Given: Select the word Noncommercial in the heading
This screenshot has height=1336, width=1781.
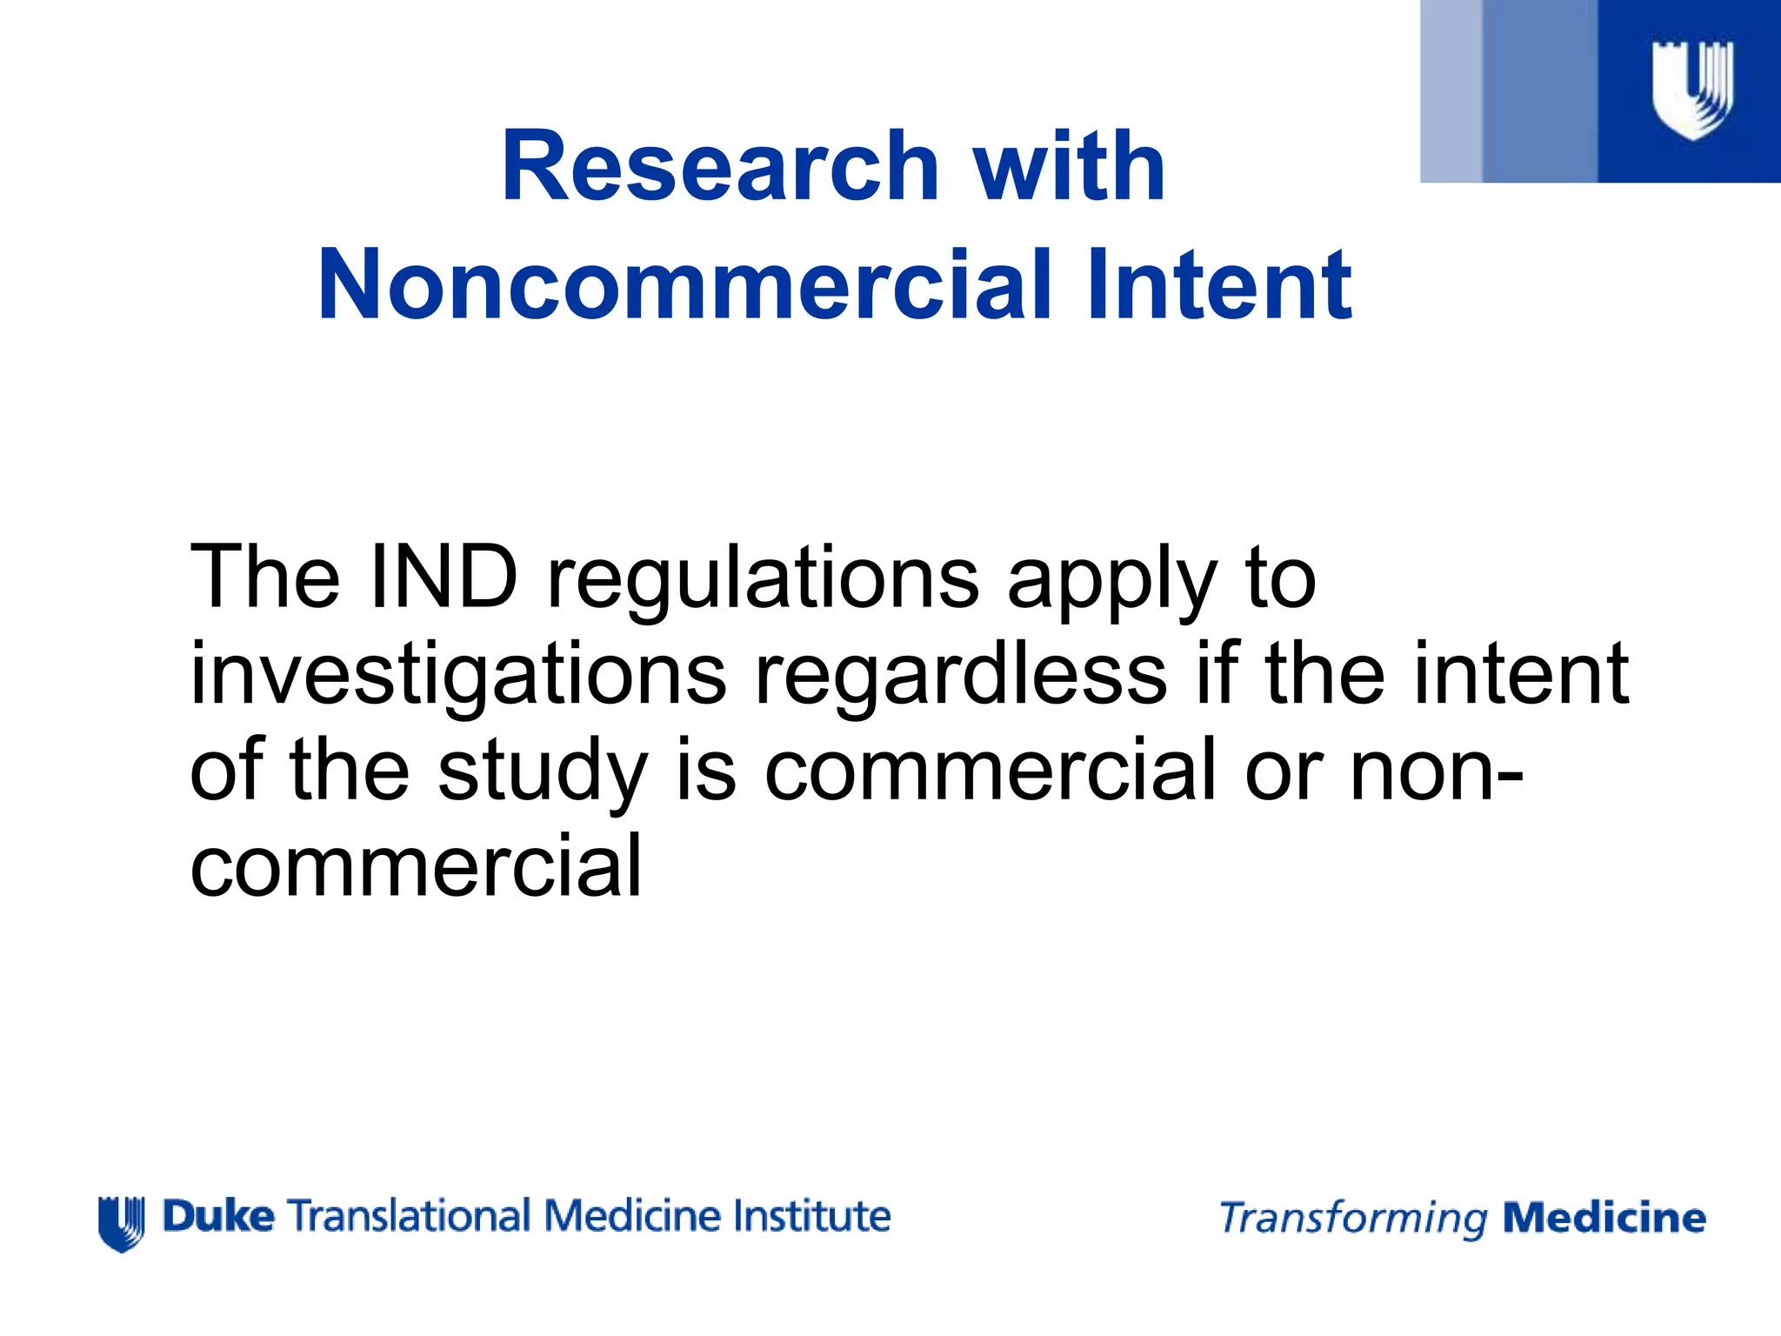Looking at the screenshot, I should (x=687, y=285).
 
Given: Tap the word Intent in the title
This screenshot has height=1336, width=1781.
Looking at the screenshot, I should (x=1219, y=285).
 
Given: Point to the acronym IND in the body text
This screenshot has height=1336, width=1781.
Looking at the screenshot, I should (x=444, y=577).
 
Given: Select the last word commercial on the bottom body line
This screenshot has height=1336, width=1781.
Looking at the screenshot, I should (x=416, y=865).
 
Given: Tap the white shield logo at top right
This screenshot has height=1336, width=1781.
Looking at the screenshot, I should (x=1692, y=90).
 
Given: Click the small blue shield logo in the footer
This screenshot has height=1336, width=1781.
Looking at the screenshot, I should (x=121, y=1223).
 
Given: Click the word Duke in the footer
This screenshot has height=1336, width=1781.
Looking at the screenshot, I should (x=219, y=1216).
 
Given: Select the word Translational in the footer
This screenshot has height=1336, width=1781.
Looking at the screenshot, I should (x=409, y=1216).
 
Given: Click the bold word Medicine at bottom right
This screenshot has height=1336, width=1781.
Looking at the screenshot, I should (x=1604, y=1218).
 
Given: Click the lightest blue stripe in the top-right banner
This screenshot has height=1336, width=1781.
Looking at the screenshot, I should (x=1451, y=91).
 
